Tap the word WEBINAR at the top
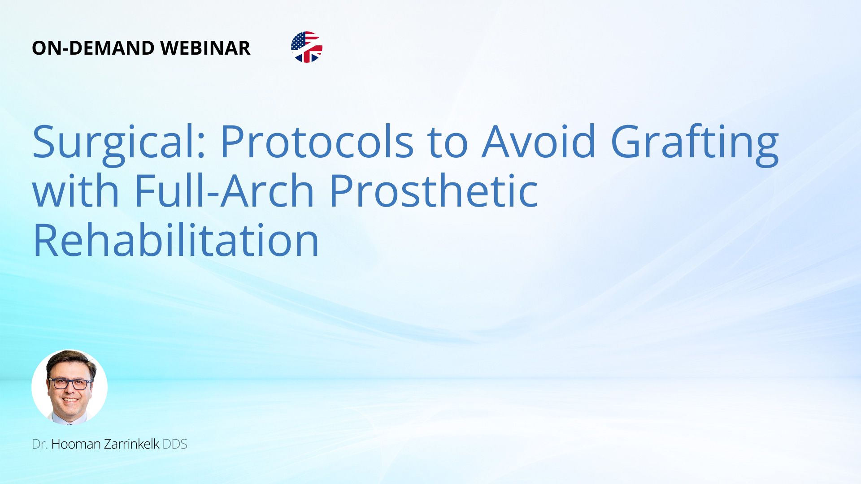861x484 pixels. (x=205, y=48)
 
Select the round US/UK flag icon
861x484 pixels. (x=307, y=47)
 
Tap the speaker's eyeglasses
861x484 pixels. (x=70, y=384)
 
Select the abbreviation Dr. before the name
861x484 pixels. (x=39, y=444)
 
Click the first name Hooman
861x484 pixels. (x=76, y=444)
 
